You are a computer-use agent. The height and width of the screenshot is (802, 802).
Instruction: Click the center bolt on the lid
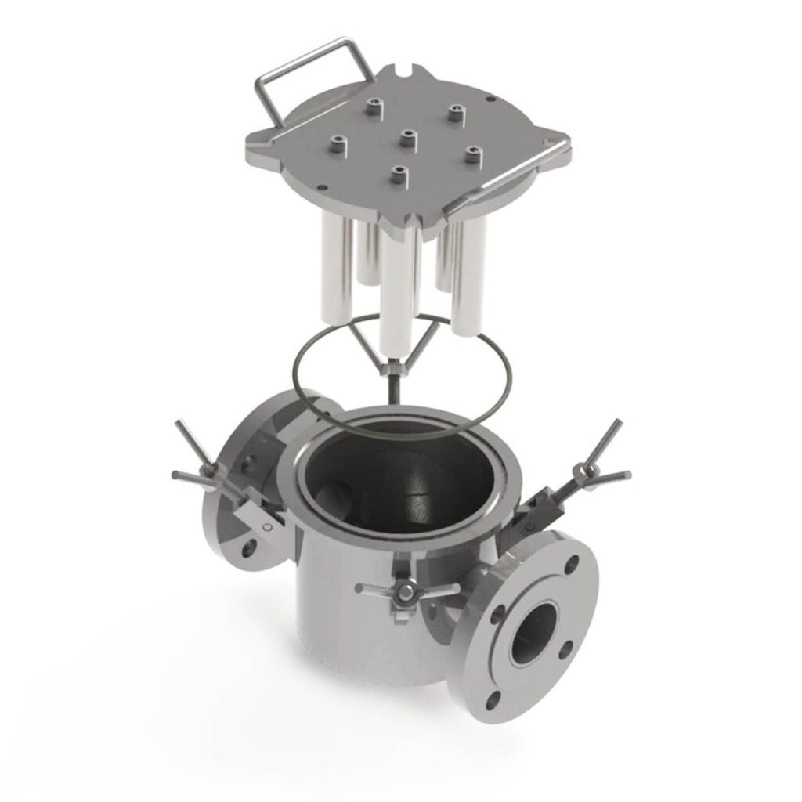pyautogui.click(x=406, y=139)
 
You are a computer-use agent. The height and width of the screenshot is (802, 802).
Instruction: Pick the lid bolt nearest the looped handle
pyautogui.click(x=338, y=144)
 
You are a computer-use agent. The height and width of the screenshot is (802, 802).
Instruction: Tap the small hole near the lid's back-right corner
pyautogui.click(x=490, y=99)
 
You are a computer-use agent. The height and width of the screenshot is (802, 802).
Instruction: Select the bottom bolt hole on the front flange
pyautogui.click(x=492, y=699)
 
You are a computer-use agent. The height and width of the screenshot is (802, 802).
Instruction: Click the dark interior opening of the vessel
pyautogui.click(x=392, y=478)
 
